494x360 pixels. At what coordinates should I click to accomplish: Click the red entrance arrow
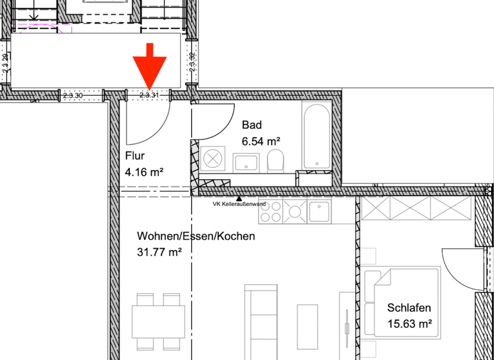150,67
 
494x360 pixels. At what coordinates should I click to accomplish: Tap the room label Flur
135,156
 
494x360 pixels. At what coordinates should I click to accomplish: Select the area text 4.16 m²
145,172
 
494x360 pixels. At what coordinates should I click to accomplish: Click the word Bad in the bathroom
252,125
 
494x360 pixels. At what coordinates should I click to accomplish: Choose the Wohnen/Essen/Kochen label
196,236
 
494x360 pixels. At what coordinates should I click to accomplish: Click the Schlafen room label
409,308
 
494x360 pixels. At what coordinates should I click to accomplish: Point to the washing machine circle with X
212,158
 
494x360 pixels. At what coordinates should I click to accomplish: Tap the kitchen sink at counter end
319,209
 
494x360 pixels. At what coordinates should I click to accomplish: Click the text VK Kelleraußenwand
239,204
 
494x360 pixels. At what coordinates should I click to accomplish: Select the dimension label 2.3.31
149,95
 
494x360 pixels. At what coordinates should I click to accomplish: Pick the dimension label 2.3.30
73,95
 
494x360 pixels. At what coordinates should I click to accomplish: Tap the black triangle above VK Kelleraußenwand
239,198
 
